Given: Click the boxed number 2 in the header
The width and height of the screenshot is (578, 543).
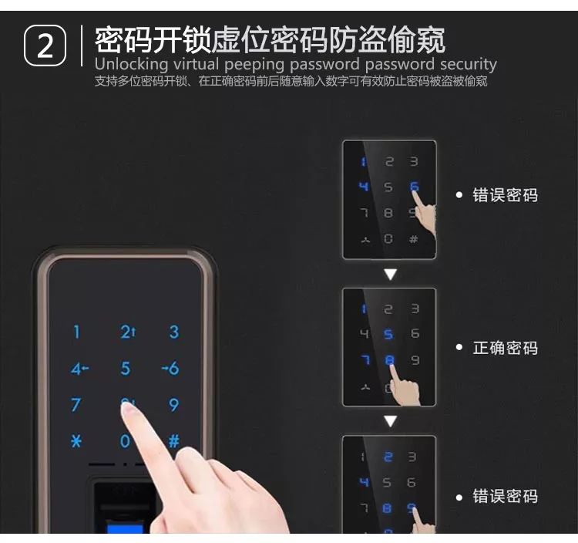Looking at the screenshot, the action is [x=45, y=46].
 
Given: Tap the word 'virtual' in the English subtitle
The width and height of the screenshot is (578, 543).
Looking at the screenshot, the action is [x=196, y=64].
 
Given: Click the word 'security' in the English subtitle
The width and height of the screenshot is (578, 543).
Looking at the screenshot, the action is [x=469, y=65].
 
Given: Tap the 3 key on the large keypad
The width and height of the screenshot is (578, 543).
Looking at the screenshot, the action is [x=174, y=332].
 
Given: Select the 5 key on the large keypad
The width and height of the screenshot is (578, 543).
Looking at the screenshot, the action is [x=126, y=368].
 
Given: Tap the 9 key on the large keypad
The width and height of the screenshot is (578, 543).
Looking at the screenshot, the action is [x=174, y=405].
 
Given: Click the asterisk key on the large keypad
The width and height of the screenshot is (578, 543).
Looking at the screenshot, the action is [x=76, y=441].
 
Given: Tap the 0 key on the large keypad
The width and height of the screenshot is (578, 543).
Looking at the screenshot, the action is [x=125, y=441].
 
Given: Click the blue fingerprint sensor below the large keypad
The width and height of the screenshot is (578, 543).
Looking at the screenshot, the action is [x=125, y=526].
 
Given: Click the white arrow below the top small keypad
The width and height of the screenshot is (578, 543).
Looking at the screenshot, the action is [x=390, y=274].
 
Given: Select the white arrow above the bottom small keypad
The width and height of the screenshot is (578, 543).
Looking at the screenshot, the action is [x=390, y=421].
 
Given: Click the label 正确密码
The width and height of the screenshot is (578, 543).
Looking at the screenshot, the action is [x=505, y=348].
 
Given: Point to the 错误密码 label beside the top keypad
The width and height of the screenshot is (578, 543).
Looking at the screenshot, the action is [x=505, y=195].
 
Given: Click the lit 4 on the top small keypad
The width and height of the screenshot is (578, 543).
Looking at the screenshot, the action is [x=364, y=186].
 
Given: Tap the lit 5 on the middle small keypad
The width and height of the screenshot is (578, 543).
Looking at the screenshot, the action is [x=388, y=334].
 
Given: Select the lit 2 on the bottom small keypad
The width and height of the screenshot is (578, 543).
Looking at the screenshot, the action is [x=388, y=457].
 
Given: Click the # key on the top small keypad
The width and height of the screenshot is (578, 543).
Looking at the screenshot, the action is [x=414, y=239].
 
